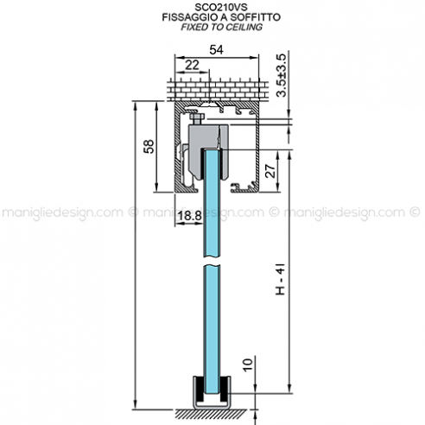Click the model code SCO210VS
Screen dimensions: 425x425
pyautogui.click(x=211, y=6)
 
